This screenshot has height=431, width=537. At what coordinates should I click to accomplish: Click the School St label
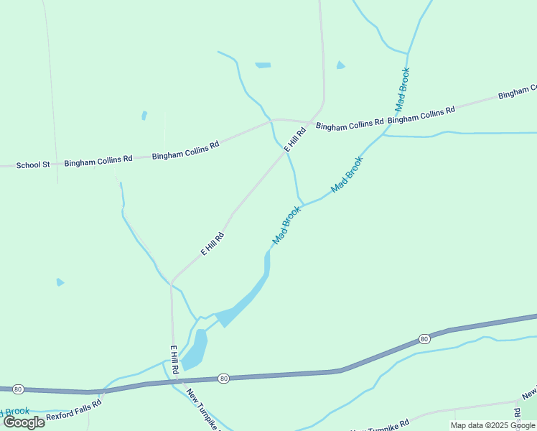click(x=33, y=165)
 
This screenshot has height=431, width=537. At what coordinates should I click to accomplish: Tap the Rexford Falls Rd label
click(x=74, y=415)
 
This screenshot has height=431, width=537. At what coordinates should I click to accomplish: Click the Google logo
click(x=24, y=422)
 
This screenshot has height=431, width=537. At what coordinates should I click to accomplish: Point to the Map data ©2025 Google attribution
click(x=493, y=425)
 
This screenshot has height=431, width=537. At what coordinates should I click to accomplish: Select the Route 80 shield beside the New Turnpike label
click(x=223, y=378)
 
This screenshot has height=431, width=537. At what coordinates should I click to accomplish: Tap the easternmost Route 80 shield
click(x=424, y=338)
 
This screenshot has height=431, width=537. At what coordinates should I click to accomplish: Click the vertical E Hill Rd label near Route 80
click(x=174, y=359)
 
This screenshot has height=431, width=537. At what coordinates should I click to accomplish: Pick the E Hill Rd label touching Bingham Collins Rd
click(x=296, y=139)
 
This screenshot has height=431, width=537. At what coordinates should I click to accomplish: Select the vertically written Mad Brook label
click(x=403, y=89)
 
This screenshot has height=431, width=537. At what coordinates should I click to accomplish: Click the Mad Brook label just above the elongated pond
click(x=286, y=225)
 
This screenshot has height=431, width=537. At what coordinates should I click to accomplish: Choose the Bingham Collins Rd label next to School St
click(x=98, y=161)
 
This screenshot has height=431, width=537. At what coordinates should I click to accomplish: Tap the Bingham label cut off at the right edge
click(x=517, y=93)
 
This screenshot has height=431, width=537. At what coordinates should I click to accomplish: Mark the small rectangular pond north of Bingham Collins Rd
click(x=263, y=65)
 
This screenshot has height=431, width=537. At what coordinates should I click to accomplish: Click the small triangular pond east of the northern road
click(x=340, y=65)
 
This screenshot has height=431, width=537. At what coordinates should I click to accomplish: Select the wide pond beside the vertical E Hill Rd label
click(x=195, y=350)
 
